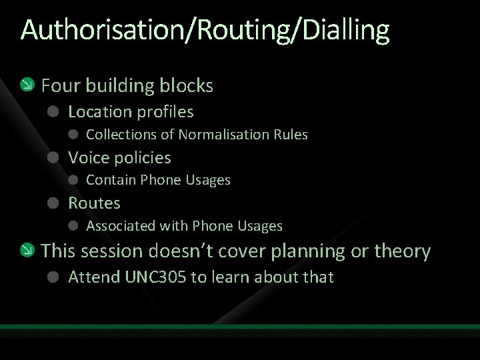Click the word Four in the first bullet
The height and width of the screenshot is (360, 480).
click(x=61, y=86)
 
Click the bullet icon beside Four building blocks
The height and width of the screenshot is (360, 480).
click(x=27, y=85)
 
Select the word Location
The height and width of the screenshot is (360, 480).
click(x=101, y=111)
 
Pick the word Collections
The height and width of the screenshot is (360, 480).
click(x=121, y=135)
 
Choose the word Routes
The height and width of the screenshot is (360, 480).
click(x=94, y=203)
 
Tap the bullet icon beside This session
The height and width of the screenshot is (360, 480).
click(x=27, y=251)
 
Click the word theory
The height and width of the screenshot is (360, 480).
click(x=403, y=251)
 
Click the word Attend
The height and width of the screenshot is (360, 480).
click(x=94, y=277)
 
